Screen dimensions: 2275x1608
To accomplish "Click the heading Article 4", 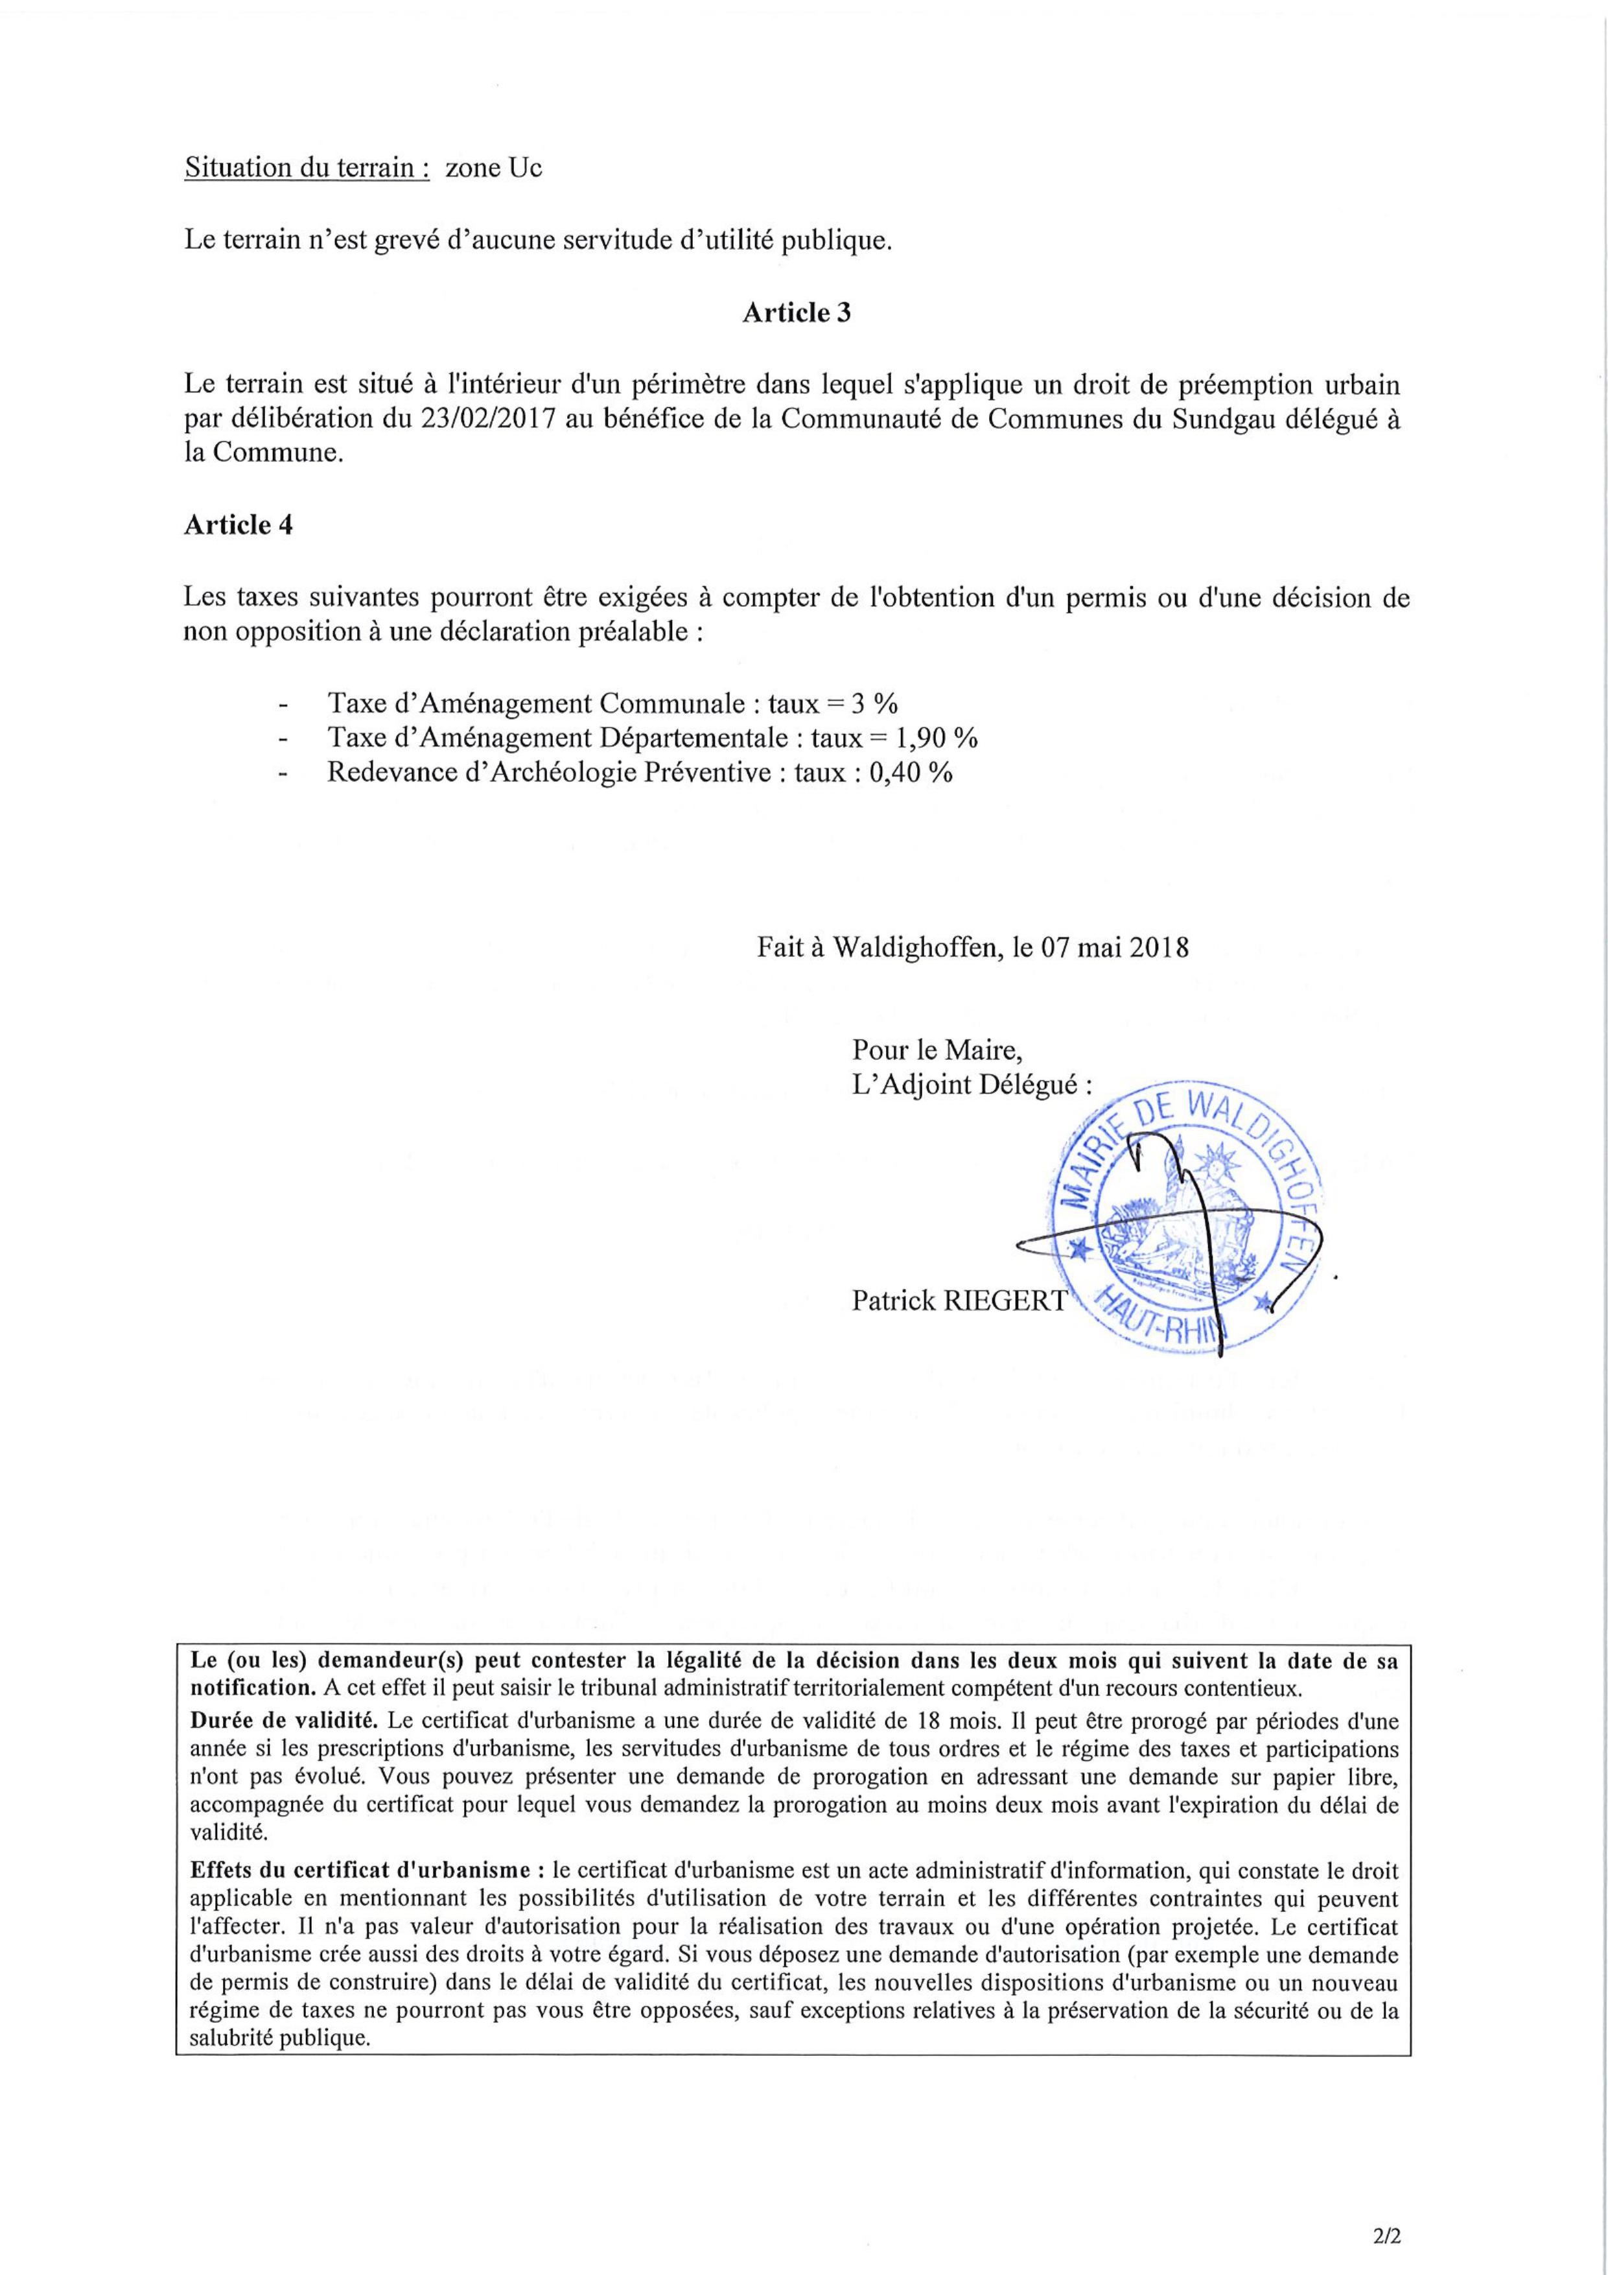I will (x=238, y=525).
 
